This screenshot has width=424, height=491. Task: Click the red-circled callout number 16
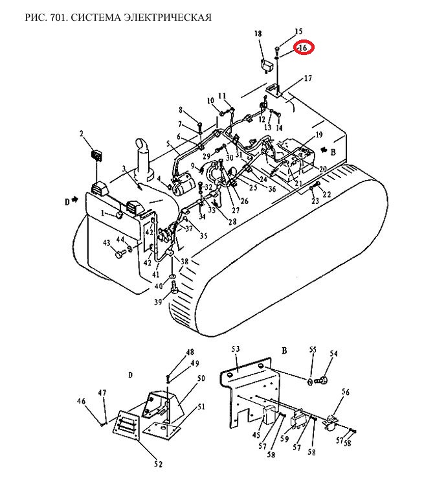(302, 48)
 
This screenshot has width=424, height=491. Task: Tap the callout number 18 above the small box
(258, 34)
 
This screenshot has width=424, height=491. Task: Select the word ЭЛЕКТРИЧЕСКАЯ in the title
(168, 17)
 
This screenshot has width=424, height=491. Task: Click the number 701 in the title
(56, 17)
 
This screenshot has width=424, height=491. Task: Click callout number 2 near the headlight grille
(82, 134)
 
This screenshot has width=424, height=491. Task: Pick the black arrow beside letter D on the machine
(75, 200)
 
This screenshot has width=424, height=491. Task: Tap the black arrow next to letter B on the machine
(324, 150)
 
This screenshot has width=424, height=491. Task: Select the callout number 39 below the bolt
(158, 302)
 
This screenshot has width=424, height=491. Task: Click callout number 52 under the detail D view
(159, 464)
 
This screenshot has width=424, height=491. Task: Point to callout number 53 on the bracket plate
(236, 349)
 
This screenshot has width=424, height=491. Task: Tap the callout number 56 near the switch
(346, 392)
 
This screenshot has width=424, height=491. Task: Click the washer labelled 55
(310, 382)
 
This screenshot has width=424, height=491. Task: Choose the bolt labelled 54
(320, 381)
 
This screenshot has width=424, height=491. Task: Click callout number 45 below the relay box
(256, 435)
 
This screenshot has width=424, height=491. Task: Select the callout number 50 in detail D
(201, 378)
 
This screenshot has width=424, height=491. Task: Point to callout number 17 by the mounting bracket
(308, 78)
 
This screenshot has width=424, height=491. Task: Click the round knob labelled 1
(119, 215)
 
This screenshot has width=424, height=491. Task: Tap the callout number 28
(232, 222)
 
